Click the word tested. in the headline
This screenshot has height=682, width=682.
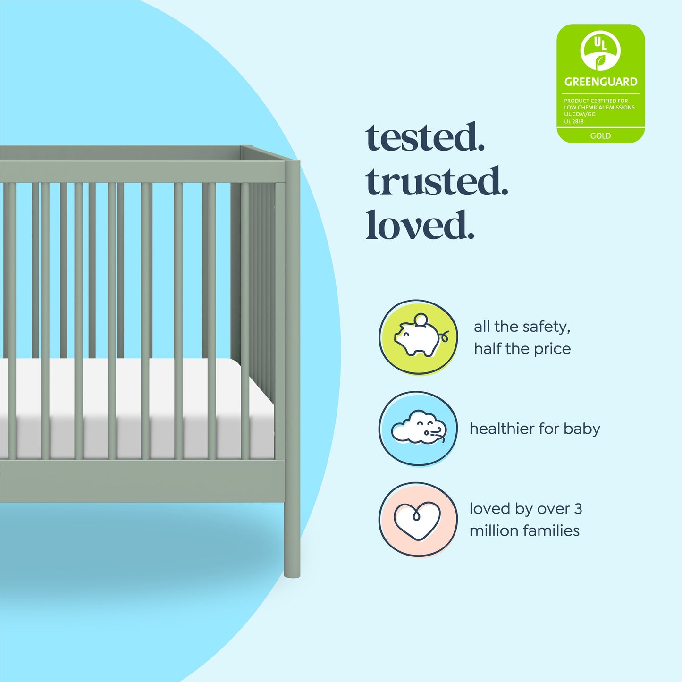coord(425,137)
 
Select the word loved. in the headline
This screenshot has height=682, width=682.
coord(420,225)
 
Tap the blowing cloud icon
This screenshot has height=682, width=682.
coord(418,429)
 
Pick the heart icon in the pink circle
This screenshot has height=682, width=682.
coord(417,520)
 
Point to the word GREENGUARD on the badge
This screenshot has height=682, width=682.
coord(600,82)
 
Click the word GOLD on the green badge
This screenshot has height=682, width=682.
coord(600,135)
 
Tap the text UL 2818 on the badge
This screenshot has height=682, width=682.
coord(574,121)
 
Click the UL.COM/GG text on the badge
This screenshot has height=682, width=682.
coord(580,114)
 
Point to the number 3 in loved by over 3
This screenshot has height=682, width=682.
coord(578,509)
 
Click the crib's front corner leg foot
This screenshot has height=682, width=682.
coord(292,571)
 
